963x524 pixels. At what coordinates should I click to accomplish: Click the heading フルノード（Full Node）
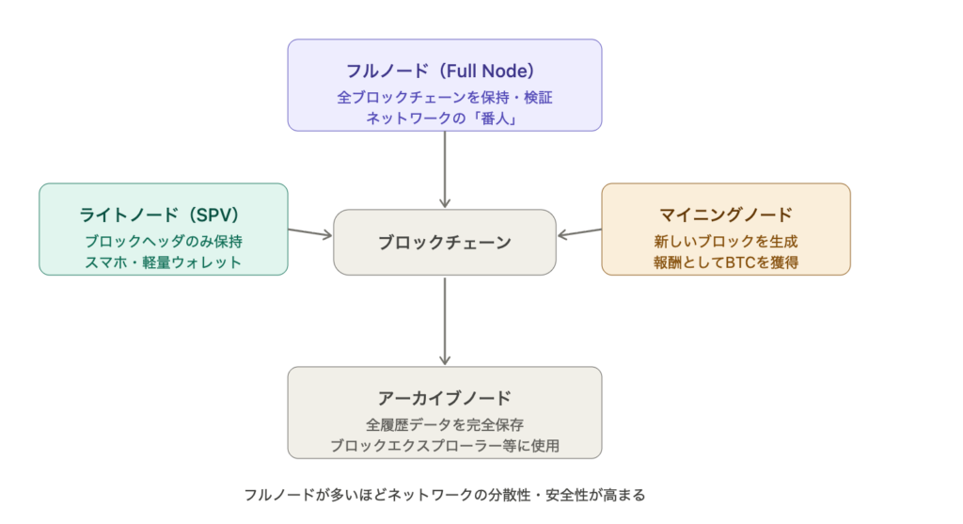(444, 71)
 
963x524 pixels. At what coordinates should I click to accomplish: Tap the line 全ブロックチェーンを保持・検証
(444, 97)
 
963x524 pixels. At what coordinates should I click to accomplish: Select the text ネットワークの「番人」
(444, 119)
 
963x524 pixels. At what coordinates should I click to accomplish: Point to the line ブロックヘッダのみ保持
(163, 241)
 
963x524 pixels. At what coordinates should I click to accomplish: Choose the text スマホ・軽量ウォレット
(163, 262)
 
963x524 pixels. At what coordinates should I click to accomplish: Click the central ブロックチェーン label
(445, 243)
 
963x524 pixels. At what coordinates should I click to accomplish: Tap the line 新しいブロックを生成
(726, 241)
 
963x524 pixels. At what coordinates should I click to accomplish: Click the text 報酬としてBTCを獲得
(726, 262)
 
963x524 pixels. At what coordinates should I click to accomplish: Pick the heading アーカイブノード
(444, 397)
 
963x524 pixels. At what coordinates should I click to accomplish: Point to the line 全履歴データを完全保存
(444, 423)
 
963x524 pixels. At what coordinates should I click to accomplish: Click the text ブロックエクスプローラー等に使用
(444, 445)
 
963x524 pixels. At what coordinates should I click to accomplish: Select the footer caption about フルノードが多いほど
(444, 495)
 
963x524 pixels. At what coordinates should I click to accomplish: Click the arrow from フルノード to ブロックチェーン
(445, 169)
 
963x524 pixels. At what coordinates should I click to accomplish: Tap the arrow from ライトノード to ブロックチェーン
(310, 231)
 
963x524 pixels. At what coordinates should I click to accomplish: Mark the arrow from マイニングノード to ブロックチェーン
(578, 231)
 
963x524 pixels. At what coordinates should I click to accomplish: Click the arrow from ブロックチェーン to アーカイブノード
(445, 320)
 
